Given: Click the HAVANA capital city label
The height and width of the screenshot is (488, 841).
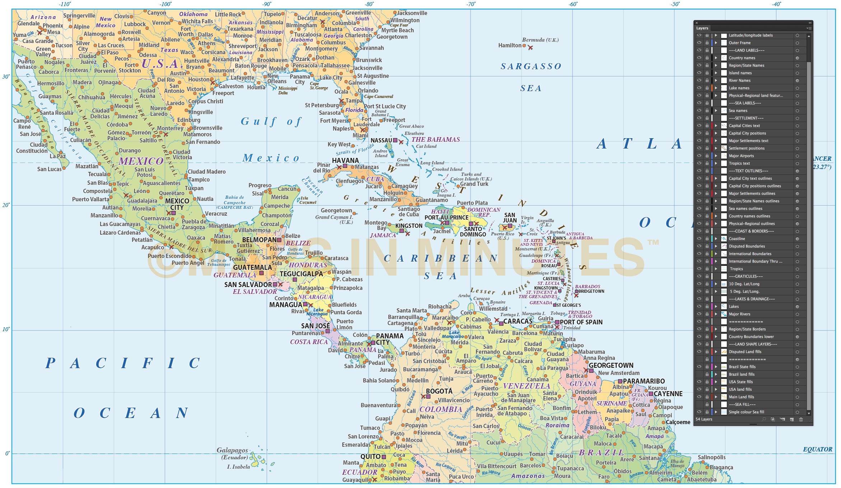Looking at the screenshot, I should tap(345, 160).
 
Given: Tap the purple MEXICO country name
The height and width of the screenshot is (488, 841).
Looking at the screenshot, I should tap(141, 161).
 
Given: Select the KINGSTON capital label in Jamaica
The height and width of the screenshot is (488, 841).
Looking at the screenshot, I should tap(409, 226).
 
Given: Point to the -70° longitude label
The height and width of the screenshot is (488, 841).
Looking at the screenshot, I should tap(471, 4).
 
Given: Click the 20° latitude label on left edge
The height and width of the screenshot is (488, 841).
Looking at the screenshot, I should tap(6, 205).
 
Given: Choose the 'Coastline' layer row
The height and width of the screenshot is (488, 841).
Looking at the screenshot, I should tap(737, 239).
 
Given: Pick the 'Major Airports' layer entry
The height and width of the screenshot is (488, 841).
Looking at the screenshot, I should tap(741, 156).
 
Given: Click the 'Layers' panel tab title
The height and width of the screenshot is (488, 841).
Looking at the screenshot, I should tap(702, 28).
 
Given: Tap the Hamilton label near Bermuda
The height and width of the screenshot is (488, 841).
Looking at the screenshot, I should tap(510, 45).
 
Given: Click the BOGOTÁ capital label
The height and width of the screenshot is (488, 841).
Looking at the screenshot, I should tap(439, 391).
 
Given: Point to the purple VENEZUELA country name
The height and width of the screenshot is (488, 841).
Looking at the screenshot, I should tap(526, 386).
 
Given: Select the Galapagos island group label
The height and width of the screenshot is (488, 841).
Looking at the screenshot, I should tap(232, 450).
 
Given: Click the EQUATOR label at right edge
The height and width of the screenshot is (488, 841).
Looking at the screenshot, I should tap(817, 449).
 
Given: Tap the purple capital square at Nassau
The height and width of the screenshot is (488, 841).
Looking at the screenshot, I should tap(395, 140).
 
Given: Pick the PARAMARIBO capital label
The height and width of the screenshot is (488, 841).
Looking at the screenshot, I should tap(644, 381).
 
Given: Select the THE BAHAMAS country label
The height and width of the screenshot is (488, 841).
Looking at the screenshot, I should tap(435, 140).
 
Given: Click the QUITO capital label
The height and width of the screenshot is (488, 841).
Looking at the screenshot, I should tap(370, 456).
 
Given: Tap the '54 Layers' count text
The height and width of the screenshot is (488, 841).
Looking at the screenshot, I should tap(704, 419).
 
